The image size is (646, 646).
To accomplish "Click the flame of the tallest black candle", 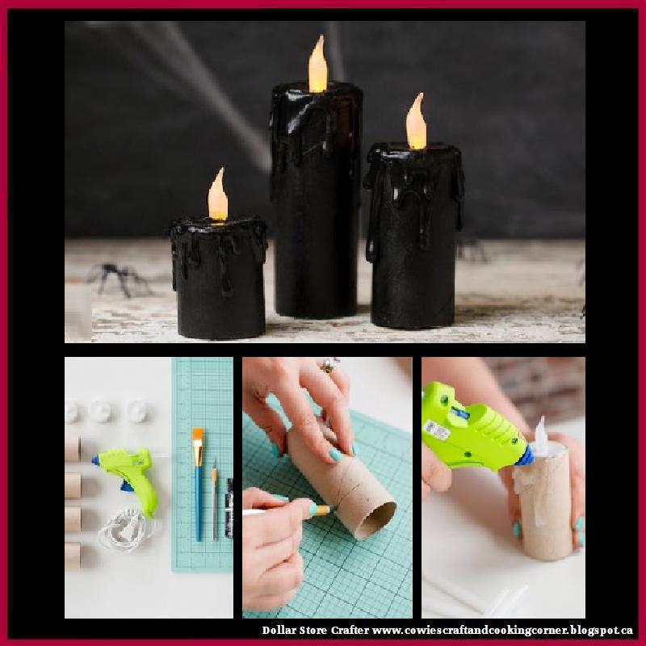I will (317, 65).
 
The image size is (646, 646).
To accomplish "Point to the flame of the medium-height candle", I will (416, 124).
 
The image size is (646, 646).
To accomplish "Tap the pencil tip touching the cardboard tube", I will (326, 510).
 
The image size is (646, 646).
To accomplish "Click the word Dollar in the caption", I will (279, 630).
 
